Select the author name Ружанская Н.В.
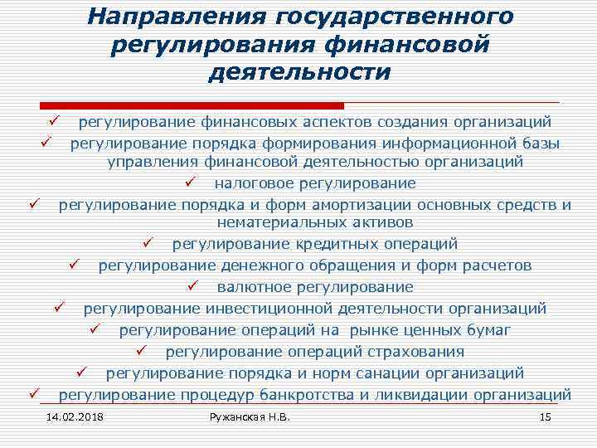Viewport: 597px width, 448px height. click(x=251, y=416)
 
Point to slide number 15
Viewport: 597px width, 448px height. click(x=545, y=416)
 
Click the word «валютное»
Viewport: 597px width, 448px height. click(x=251, y=287)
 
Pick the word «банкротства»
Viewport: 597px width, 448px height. click(x=310, y=393)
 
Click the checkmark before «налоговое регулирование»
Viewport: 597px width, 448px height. click(x=190, y=182)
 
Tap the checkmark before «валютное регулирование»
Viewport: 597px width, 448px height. click(x=192, y=287)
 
